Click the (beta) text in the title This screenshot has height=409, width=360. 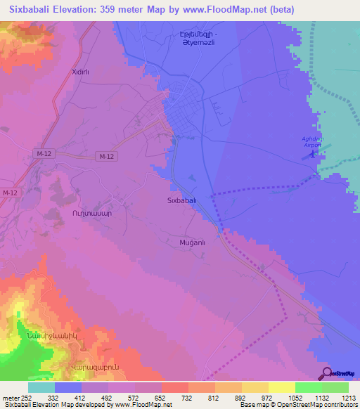pyautogui.click(x=280, y=9)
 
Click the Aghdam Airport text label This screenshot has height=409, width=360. pyautogui.click(x=311, y=142)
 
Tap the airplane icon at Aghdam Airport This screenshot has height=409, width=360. pyautogui.click(x=312, y=156)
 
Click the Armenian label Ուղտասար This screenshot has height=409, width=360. pyautogui.click(x=89, y=211)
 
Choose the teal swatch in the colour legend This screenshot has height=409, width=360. pyautogui.click(x=41, y=387)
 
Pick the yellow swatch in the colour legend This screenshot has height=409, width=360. pyautogui.click(x=281, y=387)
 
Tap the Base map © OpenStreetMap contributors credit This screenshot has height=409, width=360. pyautogui.click(x=298, y=405)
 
